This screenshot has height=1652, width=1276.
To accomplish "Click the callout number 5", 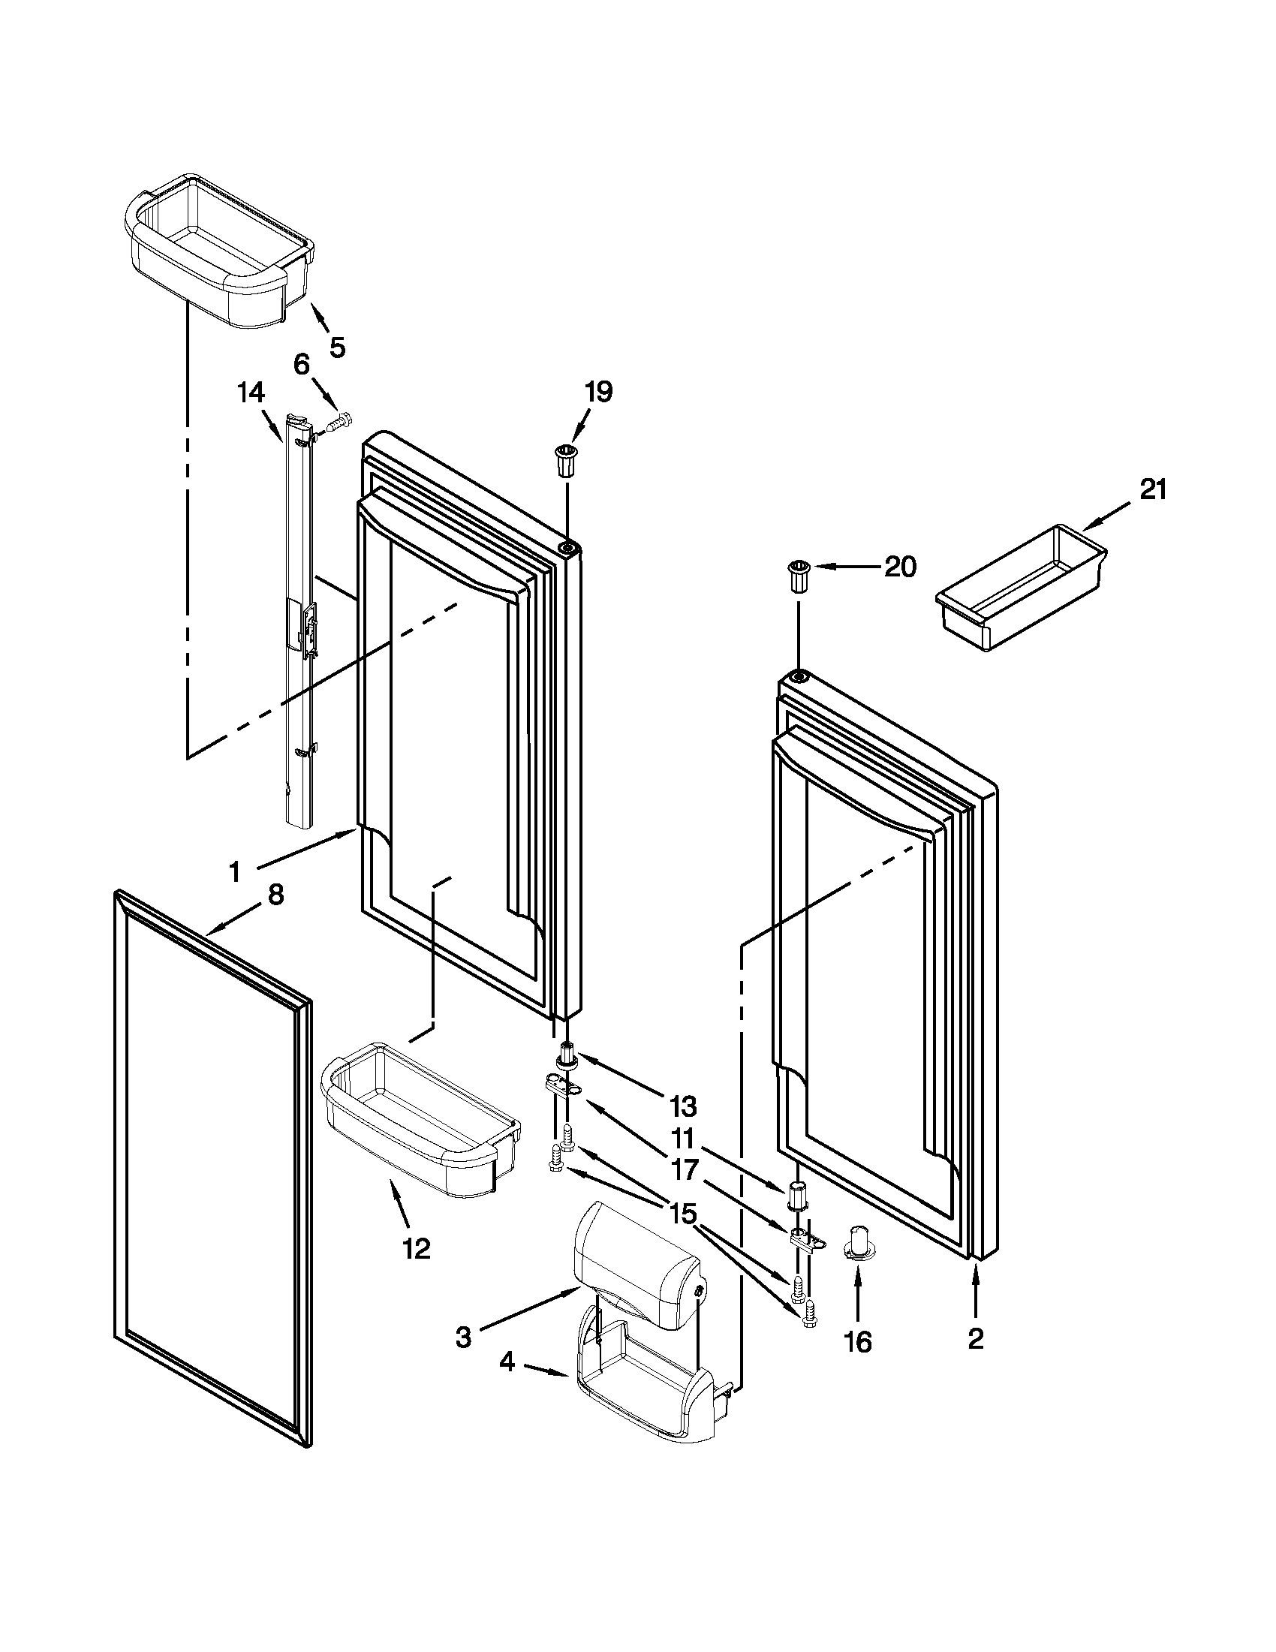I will pos(336,348).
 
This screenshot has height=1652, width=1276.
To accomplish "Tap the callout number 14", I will pos(251,393).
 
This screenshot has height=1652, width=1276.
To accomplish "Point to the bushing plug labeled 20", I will pos(799,577).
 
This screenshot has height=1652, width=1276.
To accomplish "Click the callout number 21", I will pos(1153,491).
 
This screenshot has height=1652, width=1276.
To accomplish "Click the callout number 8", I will pos(276,895).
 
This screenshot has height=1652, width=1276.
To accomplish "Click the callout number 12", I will pos(416,1249).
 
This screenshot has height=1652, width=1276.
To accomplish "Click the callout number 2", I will pos(976,1339).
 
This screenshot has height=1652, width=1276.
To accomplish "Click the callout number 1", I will pos(235,872).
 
